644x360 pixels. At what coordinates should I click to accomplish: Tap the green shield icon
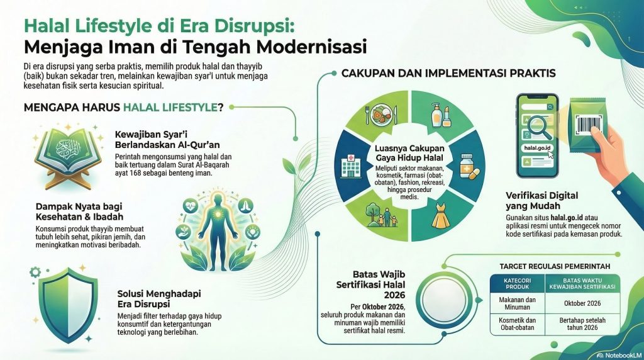tap(68, 305)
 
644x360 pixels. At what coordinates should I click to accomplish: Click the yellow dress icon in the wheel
tap(440, 215)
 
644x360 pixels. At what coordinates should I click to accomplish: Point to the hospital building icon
tap(350, 166)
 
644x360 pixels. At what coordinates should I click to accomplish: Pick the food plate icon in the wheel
tap(380, 115)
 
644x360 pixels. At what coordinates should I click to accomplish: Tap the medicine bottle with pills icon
tap(468, 166)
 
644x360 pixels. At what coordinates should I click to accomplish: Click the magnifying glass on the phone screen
tap(539, 128)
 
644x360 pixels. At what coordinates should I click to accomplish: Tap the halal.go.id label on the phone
tap(537, 148)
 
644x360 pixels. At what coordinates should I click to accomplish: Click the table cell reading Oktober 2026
tap(582, 304)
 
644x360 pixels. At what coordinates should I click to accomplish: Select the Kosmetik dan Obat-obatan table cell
tap(518, 324)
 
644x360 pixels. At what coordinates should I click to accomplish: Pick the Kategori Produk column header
tap(518, 284)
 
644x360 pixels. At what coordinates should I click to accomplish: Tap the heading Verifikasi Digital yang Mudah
tap(541, 201)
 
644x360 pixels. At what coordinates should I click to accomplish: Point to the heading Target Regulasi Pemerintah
tap(555, 266)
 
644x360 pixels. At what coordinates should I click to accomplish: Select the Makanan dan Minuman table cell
tap(518, 304)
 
